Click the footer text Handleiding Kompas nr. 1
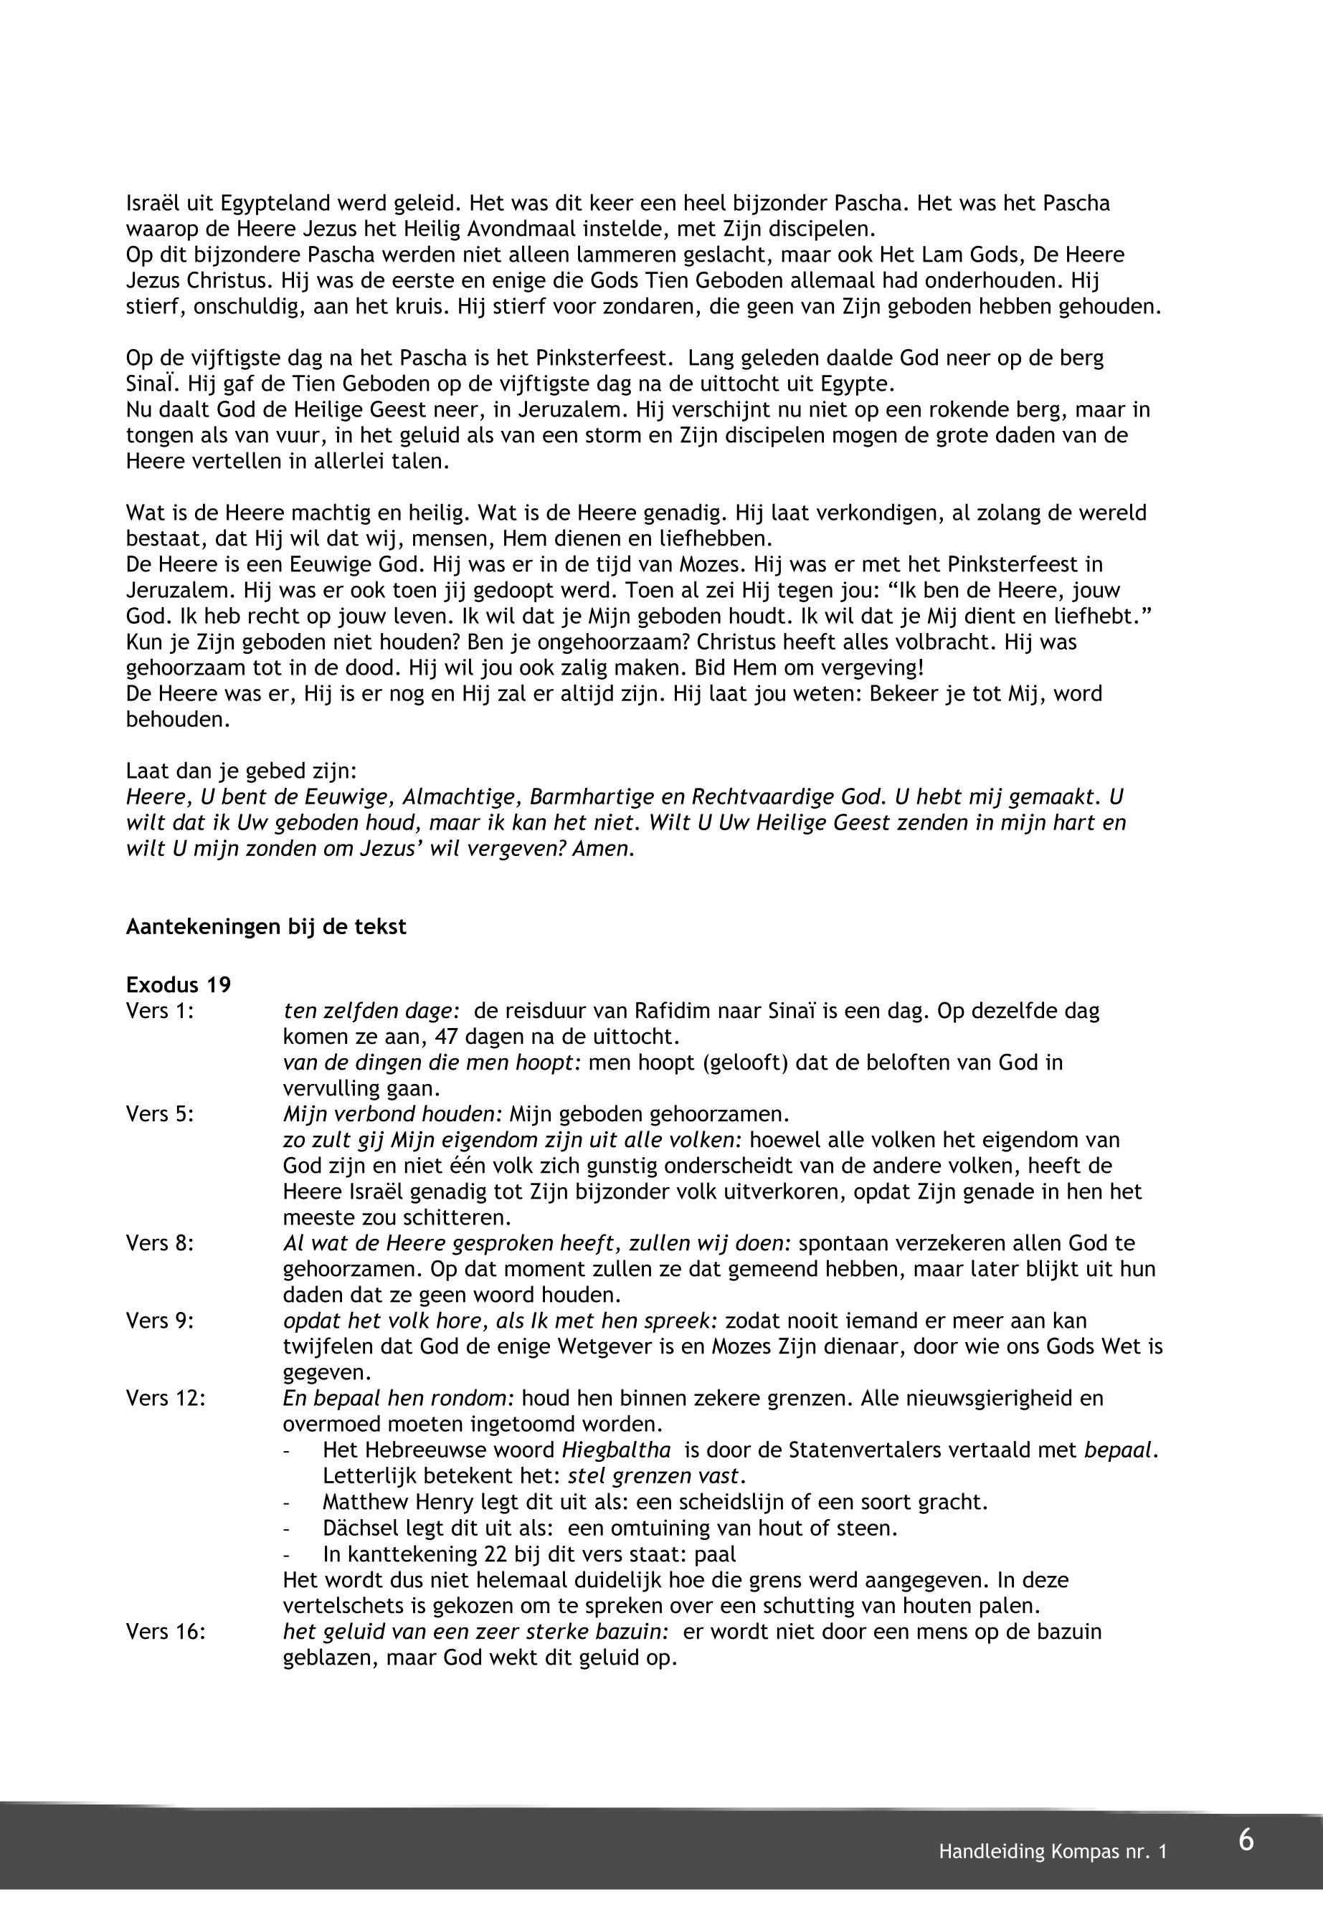(1052, 1852)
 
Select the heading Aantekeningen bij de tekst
(266, 926)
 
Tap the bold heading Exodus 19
(179, 984)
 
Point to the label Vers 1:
(160, 1011)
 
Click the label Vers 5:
(160, 1114)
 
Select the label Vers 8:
(160, 1243)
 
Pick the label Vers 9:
(160, 1321)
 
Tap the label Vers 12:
(166, 1398)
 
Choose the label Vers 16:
(166, 1632)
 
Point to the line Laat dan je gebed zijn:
(241, 771)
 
